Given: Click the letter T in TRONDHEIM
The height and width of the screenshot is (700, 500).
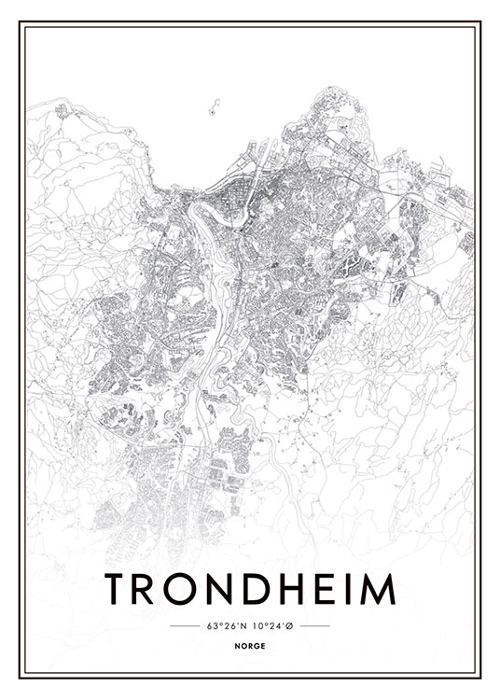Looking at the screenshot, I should click(118, 589).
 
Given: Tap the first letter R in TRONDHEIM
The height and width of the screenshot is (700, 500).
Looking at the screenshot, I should click(149, 589).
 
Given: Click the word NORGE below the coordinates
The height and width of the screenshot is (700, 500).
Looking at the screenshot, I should click(250, 644).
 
